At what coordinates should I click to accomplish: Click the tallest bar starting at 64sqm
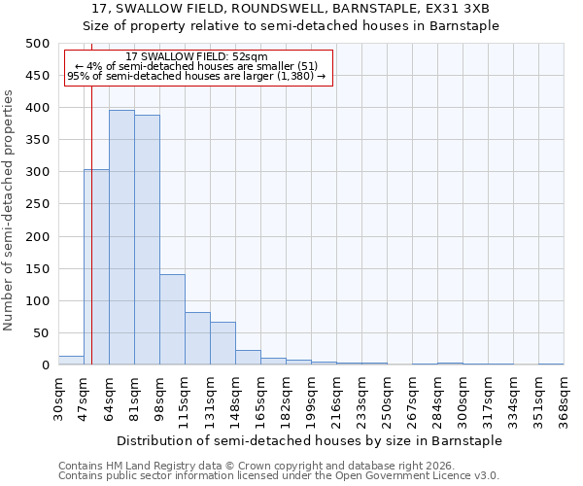(x=121, y=238)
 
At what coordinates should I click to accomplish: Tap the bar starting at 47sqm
(x=96, y=267)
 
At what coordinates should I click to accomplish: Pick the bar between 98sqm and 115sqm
(x=172, y=320)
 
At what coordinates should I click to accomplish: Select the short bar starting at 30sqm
(x=71, y=360)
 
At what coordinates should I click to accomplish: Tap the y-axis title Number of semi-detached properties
(x=10, y=209)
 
